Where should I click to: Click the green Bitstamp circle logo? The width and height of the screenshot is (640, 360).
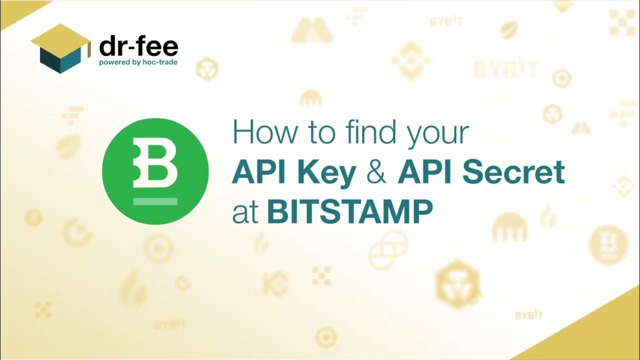click(x=155, y=171)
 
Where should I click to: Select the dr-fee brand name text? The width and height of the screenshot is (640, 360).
click(x=138, y=47)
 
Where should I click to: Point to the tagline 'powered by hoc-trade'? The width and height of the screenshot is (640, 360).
click(x=138, y=62)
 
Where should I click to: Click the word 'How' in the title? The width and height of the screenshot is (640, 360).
click(x=262, y=133)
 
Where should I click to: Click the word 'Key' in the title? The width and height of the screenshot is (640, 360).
click(x=329, y=172)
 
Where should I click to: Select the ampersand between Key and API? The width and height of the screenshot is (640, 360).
click(x=376, y=172)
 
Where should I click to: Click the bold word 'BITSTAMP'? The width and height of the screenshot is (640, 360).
click(x=349, y=212)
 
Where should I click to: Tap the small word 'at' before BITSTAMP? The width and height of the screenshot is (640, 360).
click(x=245, y=213)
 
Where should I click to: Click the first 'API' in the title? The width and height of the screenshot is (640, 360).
click(x=262, y=172)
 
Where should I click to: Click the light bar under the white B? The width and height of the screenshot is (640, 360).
click(x=155, y=202)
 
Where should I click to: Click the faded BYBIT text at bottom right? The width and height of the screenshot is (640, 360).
click(x=529, y=315)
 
